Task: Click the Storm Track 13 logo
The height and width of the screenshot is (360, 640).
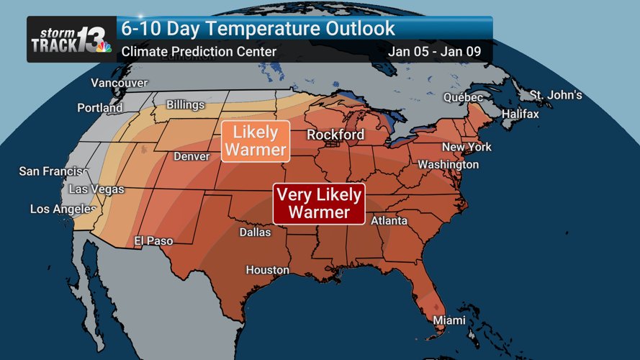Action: [x=71, y=40]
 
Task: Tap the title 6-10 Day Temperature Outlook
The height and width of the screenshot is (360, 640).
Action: [x=258, y=29]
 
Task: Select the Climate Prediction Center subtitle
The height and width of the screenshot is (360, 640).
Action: [x=199, y=52]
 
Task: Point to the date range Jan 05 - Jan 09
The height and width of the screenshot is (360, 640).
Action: [x=434, y=52]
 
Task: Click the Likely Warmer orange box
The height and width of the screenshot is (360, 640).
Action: [x=256, y=141]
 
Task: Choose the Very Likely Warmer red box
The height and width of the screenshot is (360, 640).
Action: [x=319, y=204]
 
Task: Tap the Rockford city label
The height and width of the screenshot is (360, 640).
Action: [x=335, y=135]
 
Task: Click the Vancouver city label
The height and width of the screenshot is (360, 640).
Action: [x=119, y=84]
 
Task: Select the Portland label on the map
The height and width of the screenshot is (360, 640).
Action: [x=100, y=108]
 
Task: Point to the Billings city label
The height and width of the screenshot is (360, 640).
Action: [x=186, y=105]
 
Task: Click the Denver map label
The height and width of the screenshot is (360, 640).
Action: [x=191, y=156]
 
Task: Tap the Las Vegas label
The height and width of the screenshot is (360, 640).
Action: [x=96, y=189]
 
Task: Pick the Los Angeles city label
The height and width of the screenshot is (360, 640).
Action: [x=63, y=210]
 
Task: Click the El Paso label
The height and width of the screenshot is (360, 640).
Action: [x=153, y=241]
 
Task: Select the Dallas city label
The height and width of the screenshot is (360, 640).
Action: [x=255, y=232]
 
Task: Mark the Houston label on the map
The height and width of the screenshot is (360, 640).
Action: [x=267, y=270]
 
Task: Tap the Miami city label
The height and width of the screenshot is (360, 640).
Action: [x=449, y=320]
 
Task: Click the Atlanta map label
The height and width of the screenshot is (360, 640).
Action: [x=389, y=221]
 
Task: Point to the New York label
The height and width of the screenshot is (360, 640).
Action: [x=467, y=147]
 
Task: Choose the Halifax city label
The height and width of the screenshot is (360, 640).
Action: [x=520, y=114]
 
